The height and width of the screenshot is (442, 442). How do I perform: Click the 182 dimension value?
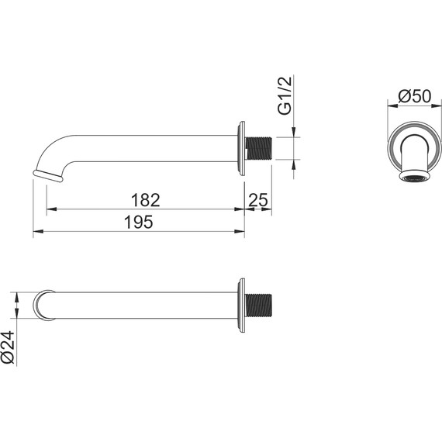[x=145, y=199]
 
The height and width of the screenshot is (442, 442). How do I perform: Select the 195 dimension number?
[x=138, y=222]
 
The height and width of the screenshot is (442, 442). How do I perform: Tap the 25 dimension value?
[x=258, y=200]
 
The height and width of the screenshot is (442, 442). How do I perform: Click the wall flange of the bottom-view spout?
[x=242, y=305]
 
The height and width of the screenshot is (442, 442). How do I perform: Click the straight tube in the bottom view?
[x=140, y=305]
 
